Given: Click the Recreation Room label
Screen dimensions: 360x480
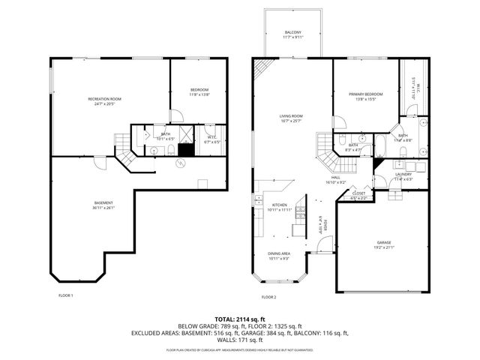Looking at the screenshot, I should pyautogui.click(x=104, y=99).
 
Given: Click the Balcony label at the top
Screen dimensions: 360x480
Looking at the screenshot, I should pyautogui.click(x=292, y=32).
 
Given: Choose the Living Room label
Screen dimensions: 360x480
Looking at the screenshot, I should pyautogui.click(x=291, y=116).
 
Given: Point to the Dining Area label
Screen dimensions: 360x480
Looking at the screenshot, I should pyautogui.click(x=279, y=254).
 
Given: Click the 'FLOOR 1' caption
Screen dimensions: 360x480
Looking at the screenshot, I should pyautogui.click(x=66, y=295).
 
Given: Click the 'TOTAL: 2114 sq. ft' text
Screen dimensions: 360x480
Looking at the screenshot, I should pyautogui.click(x=240, y=318).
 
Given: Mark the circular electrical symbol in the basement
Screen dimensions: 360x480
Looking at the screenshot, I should pyautogui.click(x=179, y=160).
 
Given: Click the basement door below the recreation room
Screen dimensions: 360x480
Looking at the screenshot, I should pyautogui.click(x=121, y=160).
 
